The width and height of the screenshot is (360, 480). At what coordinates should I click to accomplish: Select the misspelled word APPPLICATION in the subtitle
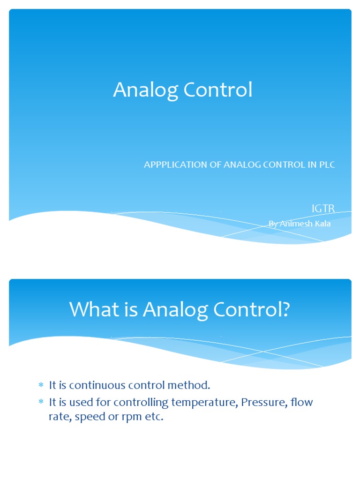pos(175,165)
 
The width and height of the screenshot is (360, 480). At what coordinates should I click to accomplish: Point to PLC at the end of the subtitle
pos(327,165)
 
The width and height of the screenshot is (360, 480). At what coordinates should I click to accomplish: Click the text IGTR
pos(323,208)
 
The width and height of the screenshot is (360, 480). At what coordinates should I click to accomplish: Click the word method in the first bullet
pos(191,385)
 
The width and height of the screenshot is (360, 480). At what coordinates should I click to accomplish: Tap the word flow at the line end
pos(301,402)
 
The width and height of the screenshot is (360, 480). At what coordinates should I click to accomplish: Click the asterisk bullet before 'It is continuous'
pos(41,385)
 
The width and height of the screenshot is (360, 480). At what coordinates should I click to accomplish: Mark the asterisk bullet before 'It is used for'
pos(41,402)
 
